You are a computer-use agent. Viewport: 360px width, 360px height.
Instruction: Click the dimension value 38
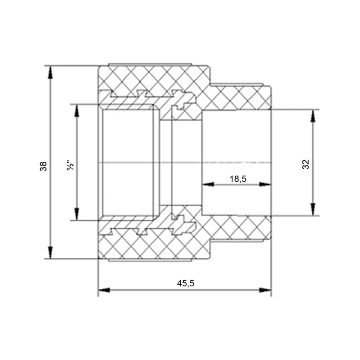pos(43,166)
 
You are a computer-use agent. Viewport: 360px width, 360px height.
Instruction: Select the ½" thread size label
pos(70,165)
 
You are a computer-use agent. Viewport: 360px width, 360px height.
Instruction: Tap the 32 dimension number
pos(306,164)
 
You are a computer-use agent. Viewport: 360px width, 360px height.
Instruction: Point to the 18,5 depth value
pos(238,179)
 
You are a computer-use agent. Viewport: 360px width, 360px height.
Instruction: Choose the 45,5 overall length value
pos(186,283)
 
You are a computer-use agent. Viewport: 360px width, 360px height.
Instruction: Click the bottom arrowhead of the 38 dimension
pos(50,252)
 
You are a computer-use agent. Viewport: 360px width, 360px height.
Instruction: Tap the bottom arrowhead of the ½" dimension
pos(77,214)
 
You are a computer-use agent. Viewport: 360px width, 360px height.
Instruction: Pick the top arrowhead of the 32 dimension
pos(313,116)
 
